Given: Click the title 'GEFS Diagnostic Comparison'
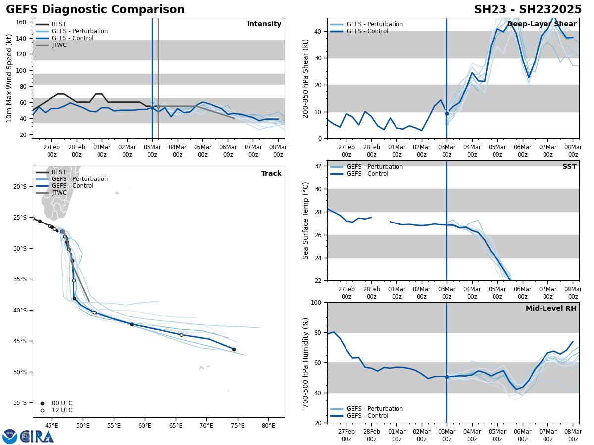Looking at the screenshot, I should [95, 10].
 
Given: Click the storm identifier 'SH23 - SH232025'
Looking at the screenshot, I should [528, 10].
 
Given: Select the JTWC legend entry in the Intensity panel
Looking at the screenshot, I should [59, 45].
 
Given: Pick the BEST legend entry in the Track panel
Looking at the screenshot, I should [59, 172].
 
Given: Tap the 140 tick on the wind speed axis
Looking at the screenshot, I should [22, 38].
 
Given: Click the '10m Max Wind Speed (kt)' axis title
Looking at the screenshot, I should [10, 78].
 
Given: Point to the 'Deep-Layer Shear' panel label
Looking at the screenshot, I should [542, 24].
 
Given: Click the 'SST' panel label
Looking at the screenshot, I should [569, 167].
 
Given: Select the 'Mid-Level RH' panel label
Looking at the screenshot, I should [551, 309].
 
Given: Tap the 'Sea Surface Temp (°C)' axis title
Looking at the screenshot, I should [306, 221].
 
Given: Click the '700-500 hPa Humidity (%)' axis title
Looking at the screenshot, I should [306, 362].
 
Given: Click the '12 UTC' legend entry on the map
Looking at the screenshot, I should [62, 410].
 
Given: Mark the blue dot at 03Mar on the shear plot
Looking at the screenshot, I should [447, 113].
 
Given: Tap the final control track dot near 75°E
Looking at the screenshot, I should [234, 349].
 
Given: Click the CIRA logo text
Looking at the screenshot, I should [37, 437].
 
